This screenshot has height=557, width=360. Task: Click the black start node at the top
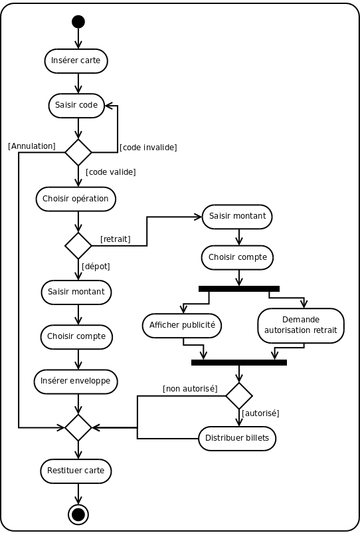[78, 22]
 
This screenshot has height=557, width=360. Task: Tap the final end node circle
[78, 514]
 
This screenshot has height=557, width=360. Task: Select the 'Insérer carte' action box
[76, 61]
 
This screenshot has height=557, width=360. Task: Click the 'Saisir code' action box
[76, 106]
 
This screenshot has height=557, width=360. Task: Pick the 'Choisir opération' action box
[76, 199]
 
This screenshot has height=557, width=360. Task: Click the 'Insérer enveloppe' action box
[76, 382]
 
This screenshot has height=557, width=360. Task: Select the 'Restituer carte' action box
[76, 471]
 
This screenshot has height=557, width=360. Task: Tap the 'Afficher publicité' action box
[182, 326]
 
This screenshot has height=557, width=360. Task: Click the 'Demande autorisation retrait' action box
[301, 326]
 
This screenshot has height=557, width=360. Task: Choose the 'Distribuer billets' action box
[237, 438]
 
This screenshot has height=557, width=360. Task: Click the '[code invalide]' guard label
[148, 148]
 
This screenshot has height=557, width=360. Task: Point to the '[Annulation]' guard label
[32, 146]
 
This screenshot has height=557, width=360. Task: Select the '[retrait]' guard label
[116, 239]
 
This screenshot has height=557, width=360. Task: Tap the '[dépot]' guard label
[96, 266]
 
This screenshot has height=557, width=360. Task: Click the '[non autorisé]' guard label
[190, 389]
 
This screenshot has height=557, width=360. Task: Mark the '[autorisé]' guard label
[260, 413]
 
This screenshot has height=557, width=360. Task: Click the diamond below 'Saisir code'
[78, 152]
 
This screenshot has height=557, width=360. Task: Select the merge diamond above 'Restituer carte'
[78, 427]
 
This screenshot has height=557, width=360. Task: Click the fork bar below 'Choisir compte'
[239, 288]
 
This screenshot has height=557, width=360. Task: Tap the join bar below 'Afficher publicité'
[239, 363]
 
